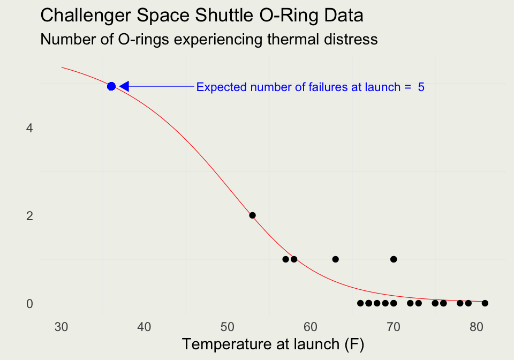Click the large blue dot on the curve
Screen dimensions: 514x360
point(111,86)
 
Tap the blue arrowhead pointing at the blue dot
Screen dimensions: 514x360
point(125,86)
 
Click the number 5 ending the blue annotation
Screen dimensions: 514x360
point(421,87)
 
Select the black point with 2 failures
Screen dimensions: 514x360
point(252,215)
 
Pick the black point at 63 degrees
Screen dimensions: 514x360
point(335,259)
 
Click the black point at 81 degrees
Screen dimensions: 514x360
point(485,303)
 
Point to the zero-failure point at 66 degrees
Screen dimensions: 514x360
point(360,303)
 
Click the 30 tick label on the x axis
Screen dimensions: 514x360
point(61,327)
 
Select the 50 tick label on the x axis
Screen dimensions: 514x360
point(228,327)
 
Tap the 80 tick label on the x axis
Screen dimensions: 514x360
point(477,327)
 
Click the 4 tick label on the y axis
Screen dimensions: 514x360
point(29,128)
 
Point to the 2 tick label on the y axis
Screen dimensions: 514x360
point(29,216)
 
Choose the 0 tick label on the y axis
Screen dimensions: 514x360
point(29,304)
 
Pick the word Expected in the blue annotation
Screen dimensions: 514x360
point(222,87)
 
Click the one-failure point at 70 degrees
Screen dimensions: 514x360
point(394,259)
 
